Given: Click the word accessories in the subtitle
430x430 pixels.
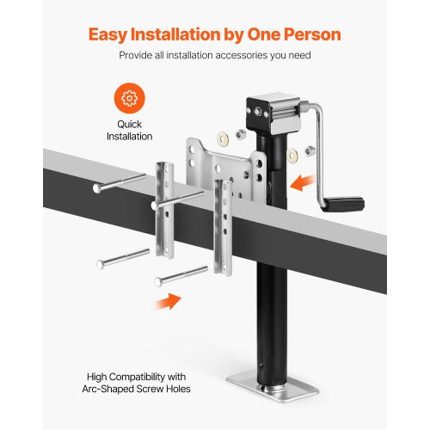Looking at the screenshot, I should (255, 56).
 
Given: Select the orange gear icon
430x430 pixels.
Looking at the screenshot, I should (129, 98).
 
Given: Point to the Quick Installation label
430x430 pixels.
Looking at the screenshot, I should (129, 130).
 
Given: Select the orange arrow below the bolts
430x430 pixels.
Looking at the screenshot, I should (169, 301).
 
